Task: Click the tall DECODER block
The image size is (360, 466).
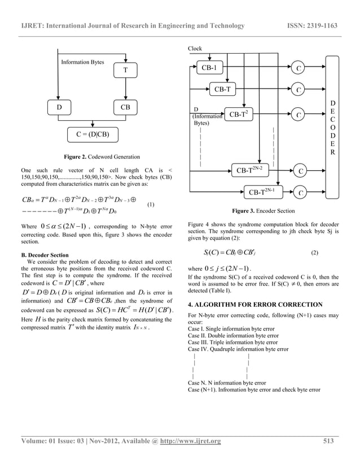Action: point(333,128)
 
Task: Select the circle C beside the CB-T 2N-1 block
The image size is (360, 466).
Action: point(300,194)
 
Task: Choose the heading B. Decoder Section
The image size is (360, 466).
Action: point(45,255)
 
